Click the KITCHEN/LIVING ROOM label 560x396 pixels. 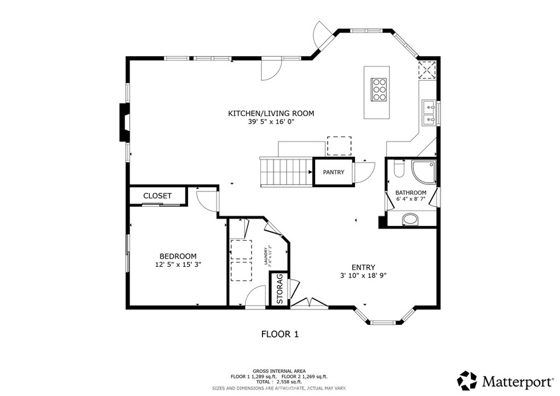(271, 113)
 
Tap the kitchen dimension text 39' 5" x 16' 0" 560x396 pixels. (271, 122)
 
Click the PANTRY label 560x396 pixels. (333, 172)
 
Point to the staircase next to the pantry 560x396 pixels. (286, 172)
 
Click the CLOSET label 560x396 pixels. (157, 196)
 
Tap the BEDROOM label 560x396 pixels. (178, 256)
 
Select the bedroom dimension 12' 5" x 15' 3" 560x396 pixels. (178, 265)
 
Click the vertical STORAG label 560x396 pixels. (279, 288)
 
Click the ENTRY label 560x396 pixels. (363, 267)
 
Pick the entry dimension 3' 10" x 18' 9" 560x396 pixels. (363, 276)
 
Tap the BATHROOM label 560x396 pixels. (411, 193)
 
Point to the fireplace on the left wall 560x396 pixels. (125, 123)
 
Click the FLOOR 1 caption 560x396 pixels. (279, 334)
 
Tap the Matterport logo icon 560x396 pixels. (468, 380)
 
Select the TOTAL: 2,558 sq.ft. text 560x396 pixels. (279, 382)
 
